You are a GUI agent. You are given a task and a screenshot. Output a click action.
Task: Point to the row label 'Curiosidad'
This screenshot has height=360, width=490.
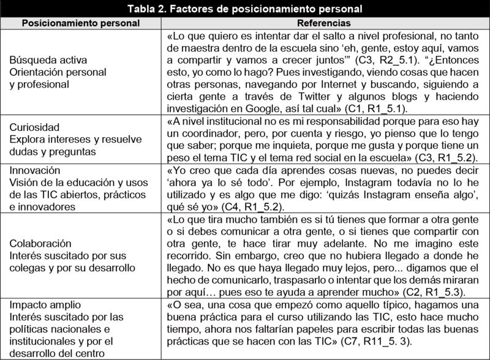34,127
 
